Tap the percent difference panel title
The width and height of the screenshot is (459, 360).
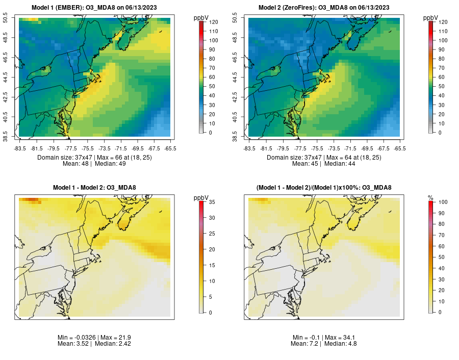click(x=324, y=188)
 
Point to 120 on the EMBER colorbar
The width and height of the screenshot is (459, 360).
click(x=213, y=22)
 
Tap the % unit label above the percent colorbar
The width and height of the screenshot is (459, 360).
click(x=430, y=197)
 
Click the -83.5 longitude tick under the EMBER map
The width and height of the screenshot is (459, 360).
click(x=20, y=148)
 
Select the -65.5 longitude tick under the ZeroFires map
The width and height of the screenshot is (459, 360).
click(x=400, y=148)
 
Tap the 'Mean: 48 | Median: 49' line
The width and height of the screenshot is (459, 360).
click(x=94, y=164)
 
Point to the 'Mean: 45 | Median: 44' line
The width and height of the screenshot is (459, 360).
click(x=324, y=164)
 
